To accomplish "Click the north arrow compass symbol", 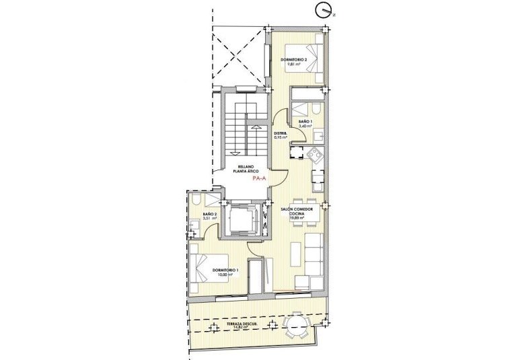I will point(324,10).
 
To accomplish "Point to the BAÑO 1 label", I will point(305,120).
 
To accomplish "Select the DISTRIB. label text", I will point(281,133).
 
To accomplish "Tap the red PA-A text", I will point(256,180).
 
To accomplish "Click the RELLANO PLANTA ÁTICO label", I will point(243,170).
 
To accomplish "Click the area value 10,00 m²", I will point(224,275).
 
